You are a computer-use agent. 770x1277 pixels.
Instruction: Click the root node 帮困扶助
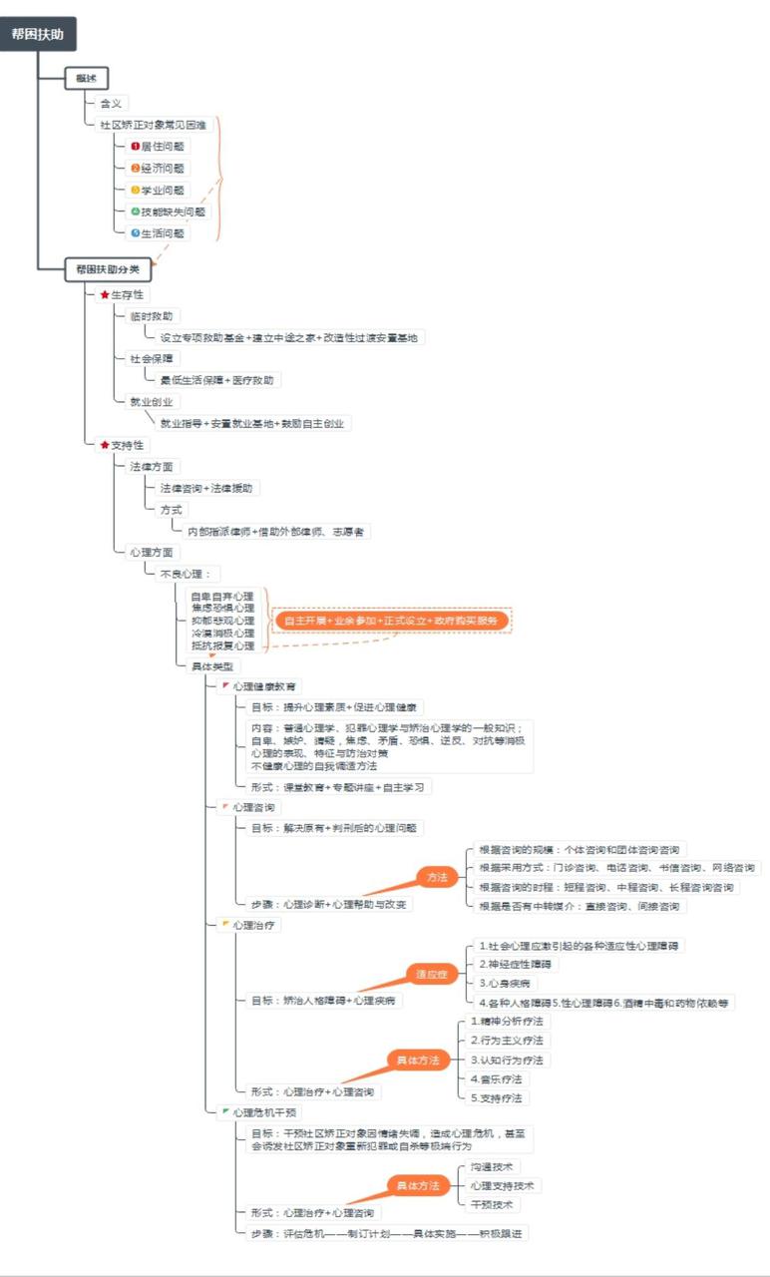[38, 34]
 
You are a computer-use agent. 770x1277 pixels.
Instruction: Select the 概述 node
[87, 79]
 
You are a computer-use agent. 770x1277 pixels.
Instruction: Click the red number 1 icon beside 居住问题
[136, 147]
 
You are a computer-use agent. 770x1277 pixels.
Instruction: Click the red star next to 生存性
[105, 295]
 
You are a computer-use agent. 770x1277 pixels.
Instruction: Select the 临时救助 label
[151, 316]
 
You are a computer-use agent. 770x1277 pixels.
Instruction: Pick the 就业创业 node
[151, 402]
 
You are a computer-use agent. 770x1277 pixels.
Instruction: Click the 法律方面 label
[151, 466]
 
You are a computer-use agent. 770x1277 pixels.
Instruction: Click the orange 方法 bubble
[437, 877]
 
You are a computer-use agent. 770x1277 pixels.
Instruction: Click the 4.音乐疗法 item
[496, 1078]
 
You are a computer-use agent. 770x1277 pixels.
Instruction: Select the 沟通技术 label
[493, 1166]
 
